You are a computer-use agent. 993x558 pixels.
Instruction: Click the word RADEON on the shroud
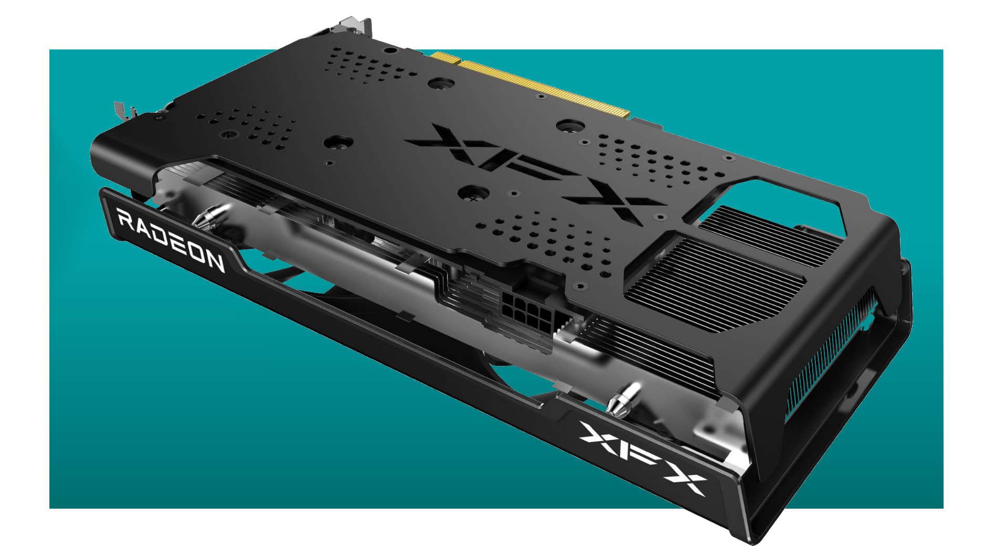click(171, 239)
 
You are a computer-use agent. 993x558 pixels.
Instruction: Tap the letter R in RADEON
click(125, 217)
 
